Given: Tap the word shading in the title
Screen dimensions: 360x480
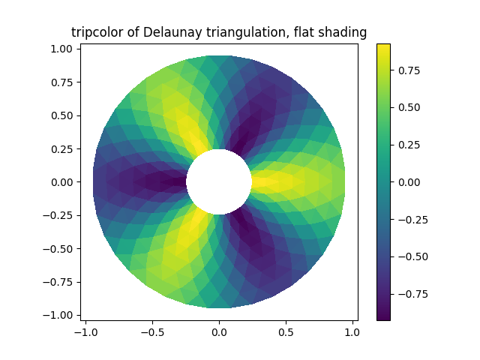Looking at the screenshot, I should coord(343,32).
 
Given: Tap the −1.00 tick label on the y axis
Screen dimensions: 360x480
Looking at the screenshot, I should coord(60,315).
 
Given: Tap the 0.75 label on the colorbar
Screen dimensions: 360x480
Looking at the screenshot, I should coord(408,70).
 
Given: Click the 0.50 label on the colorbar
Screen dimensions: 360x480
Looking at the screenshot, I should coord(408,107).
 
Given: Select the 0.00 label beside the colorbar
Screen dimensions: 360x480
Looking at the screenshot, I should coord(408,182).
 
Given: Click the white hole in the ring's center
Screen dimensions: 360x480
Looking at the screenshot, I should coord(219,181).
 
